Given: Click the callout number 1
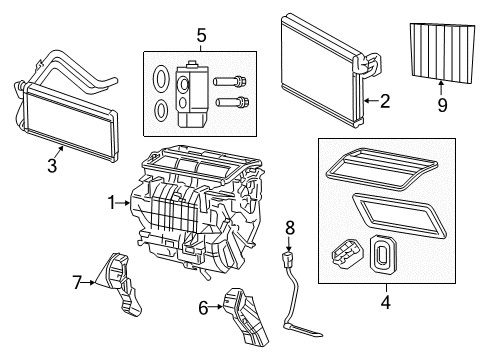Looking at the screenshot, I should coord(112,203).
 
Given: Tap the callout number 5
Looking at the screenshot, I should coord(200,37).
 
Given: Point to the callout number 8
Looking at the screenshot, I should coord(289,229).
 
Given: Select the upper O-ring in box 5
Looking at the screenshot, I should coord(161,78).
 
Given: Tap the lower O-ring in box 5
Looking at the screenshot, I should coord(161,111).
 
